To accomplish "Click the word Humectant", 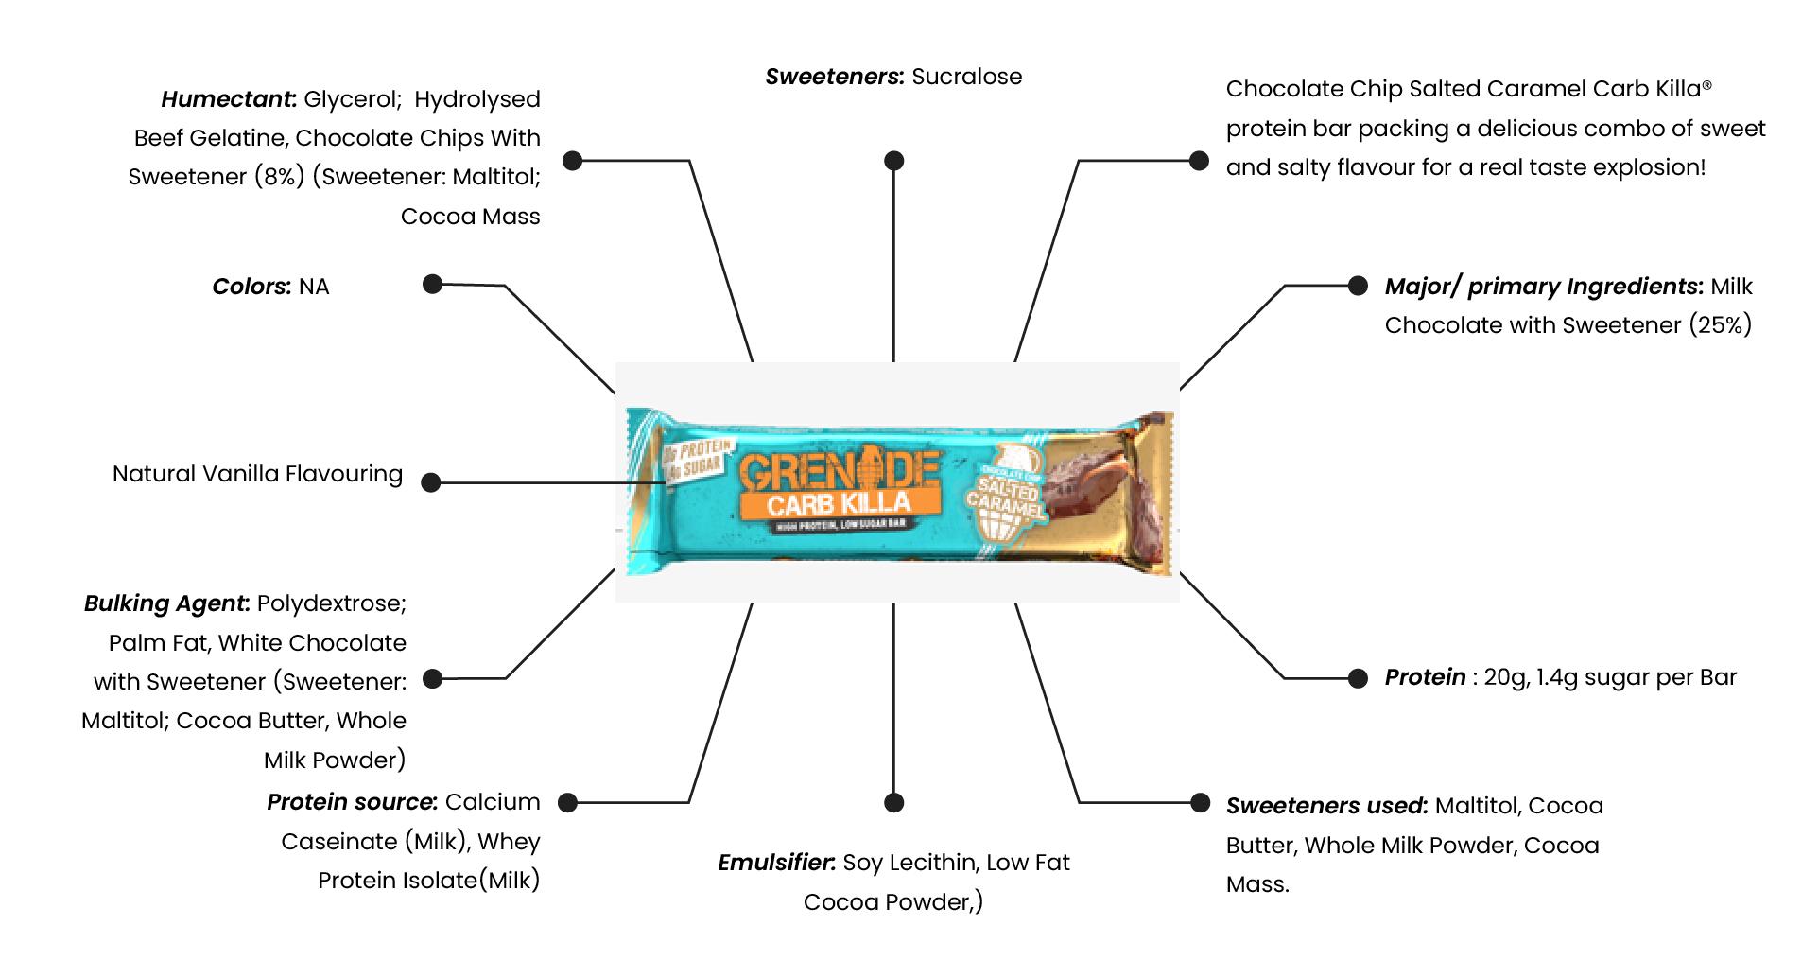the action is pyautogui.click(x=228, y=99).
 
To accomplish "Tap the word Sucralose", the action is pyautogui.click(x=966, y=77).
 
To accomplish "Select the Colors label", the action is pyautogui.click(x=251, y=287).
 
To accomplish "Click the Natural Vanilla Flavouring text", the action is pyautogui.click(x=257, y=474).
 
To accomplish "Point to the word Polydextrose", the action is pyautogui.click(x=331, y=603).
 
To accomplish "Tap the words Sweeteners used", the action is pyautogui.click(x=1325, y=806).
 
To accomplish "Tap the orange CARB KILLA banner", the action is pyautogui.click(x=840, y=502).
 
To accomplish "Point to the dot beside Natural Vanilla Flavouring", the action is pyautogui.click(x=431, y=482).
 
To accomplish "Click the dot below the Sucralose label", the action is pyautogui.click(x=893, y=161).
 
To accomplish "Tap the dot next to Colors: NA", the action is pyautogui.click(x=432, y=284).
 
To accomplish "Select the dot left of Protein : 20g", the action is pyautogui.click(x=1357, y=677).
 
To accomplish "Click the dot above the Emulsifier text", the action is pyautogui.click(x=893, y=802).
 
